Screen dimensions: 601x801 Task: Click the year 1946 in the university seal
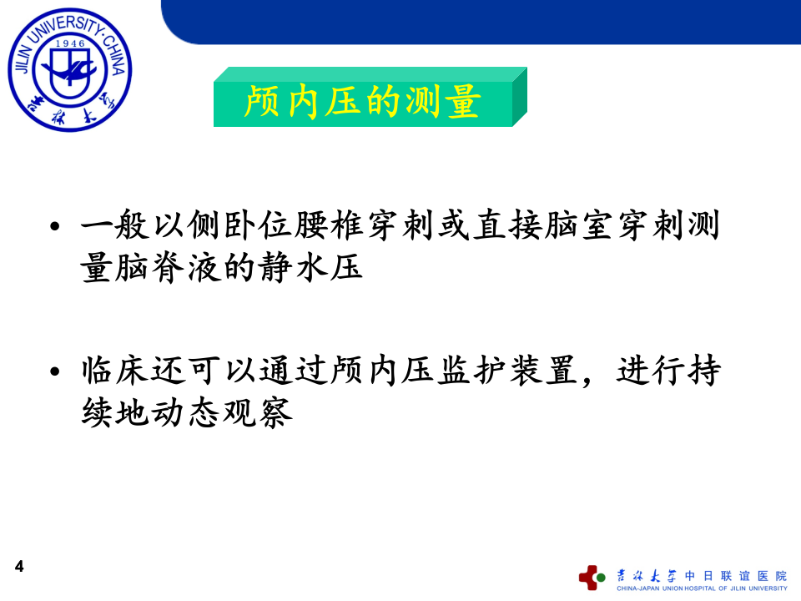click(x=69, y=43)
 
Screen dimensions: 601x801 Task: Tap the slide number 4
click(x=19, y=567)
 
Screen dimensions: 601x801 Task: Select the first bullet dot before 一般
click(x=55, y=228)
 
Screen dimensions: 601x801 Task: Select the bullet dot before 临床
click(x=55, y=371)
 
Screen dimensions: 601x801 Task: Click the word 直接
click(x=489, y=227)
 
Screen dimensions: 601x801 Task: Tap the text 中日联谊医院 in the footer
click(x=735, y=575)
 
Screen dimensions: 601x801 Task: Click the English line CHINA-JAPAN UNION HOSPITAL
click(x=701, y=588)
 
